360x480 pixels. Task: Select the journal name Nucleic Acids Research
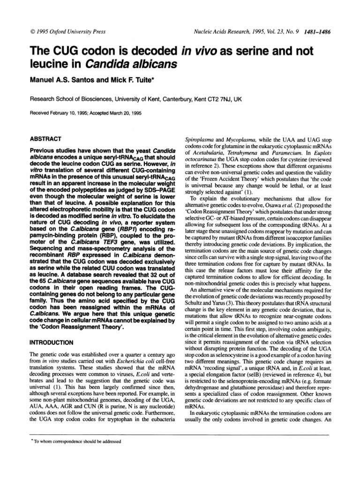tap(222, 32)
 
